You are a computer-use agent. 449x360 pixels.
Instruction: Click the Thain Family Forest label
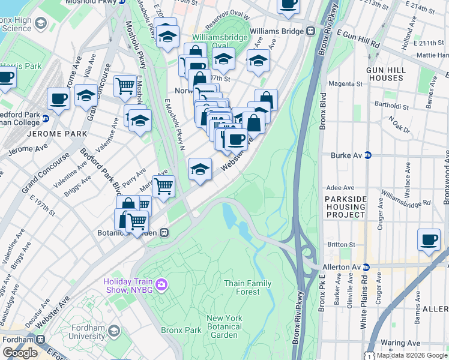point(242,287)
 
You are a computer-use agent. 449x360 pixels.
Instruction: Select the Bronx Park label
point(181,330)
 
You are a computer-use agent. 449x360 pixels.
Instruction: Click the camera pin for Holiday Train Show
point(160,284)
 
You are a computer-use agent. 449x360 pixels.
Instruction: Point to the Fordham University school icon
point(113,331)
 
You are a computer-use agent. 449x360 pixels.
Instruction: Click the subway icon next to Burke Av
point(368,155)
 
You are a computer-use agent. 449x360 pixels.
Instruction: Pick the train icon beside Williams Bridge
point(311,31)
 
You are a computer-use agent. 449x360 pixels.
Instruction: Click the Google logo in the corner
point(20,353)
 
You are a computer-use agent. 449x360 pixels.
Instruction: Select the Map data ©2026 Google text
point(411,355)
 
